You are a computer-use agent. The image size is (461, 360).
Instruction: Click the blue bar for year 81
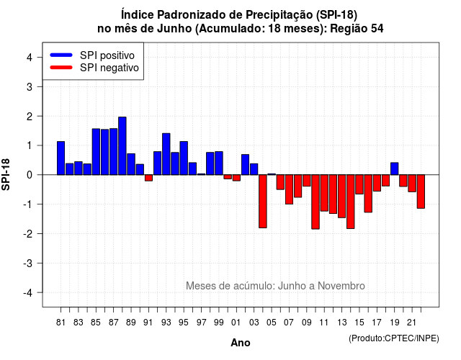61,158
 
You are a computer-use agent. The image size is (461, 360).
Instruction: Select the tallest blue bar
122,145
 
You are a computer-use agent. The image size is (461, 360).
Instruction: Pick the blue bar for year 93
166,154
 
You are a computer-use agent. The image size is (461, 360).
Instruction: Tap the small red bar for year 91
148,178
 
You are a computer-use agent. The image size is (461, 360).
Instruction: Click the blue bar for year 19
395,168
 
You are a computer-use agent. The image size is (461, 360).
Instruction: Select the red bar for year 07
289,189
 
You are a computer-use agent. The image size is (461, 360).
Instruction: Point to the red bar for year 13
341,197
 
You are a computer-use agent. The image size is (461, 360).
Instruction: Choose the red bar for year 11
324,193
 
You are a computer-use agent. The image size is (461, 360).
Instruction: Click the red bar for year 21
412,184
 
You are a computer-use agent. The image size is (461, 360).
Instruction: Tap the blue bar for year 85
96,152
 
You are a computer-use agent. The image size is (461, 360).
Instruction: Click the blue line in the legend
61,55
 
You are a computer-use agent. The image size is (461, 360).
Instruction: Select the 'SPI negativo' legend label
109,68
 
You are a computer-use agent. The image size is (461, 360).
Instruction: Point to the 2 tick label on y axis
30,117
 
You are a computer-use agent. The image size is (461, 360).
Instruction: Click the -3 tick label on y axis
27,264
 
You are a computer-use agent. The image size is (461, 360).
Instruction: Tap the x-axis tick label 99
219,323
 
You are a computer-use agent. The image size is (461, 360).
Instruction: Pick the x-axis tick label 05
272,323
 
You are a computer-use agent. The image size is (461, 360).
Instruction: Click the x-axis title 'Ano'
241,343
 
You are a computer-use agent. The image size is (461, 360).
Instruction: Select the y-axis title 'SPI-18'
6,174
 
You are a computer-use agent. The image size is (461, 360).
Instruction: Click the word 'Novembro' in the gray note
341,286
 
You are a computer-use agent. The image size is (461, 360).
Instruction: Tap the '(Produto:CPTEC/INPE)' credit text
394,338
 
